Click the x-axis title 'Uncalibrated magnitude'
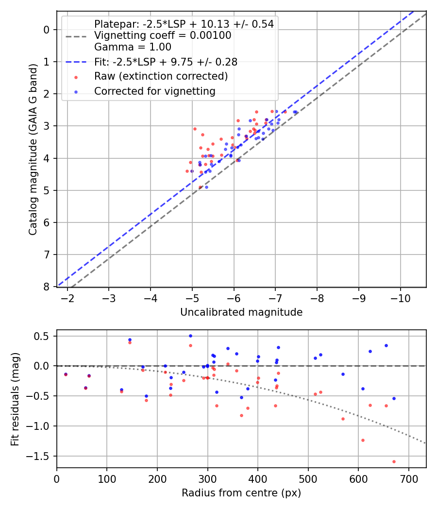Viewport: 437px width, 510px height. click(241, 312)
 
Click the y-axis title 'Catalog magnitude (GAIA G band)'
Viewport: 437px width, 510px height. click(33, 149)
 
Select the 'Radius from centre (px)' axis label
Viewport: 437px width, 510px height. click(241, 493)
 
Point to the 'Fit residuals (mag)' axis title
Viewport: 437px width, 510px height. click(15, 399)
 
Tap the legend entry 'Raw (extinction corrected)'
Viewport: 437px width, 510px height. click(161, 76)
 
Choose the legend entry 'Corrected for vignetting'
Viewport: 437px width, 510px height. click(154, 91)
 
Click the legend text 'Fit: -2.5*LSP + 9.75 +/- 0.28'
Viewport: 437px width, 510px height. click(166, 62)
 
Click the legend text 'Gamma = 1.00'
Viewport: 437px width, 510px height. click(133, 47)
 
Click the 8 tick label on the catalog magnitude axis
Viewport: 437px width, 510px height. click(47, 287)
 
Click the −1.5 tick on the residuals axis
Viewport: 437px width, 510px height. click(41, 456)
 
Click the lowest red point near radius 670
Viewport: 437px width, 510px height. click(394, 461)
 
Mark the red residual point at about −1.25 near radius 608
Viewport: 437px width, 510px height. click(363, 440)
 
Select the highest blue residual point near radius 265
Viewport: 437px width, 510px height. click(190, 336)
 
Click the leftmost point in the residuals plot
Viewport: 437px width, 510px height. click(66, 374)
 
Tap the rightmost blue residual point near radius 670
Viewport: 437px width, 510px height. click(394, 398)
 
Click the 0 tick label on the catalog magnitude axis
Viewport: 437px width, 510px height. click(47, 30)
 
